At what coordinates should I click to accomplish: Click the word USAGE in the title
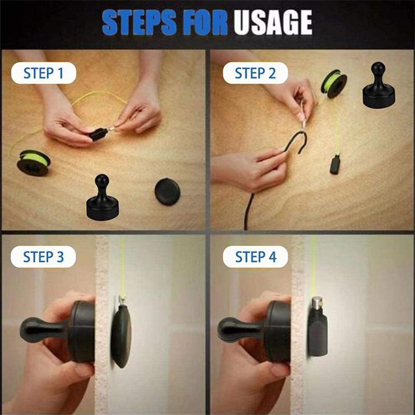[272, 23]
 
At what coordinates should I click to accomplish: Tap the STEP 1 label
[44, 73]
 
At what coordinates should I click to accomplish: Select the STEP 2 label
[255, 73]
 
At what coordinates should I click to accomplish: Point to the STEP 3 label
[44, 257]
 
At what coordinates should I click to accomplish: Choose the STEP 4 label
[255, 257]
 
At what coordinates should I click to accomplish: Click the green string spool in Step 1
[33, 162]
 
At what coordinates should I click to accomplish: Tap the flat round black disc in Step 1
[167, 191]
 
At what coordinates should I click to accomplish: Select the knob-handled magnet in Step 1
[102, 200]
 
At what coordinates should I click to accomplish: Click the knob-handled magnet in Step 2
[378, 87]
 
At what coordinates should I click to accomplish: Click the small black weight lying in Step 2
[335, 165]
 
